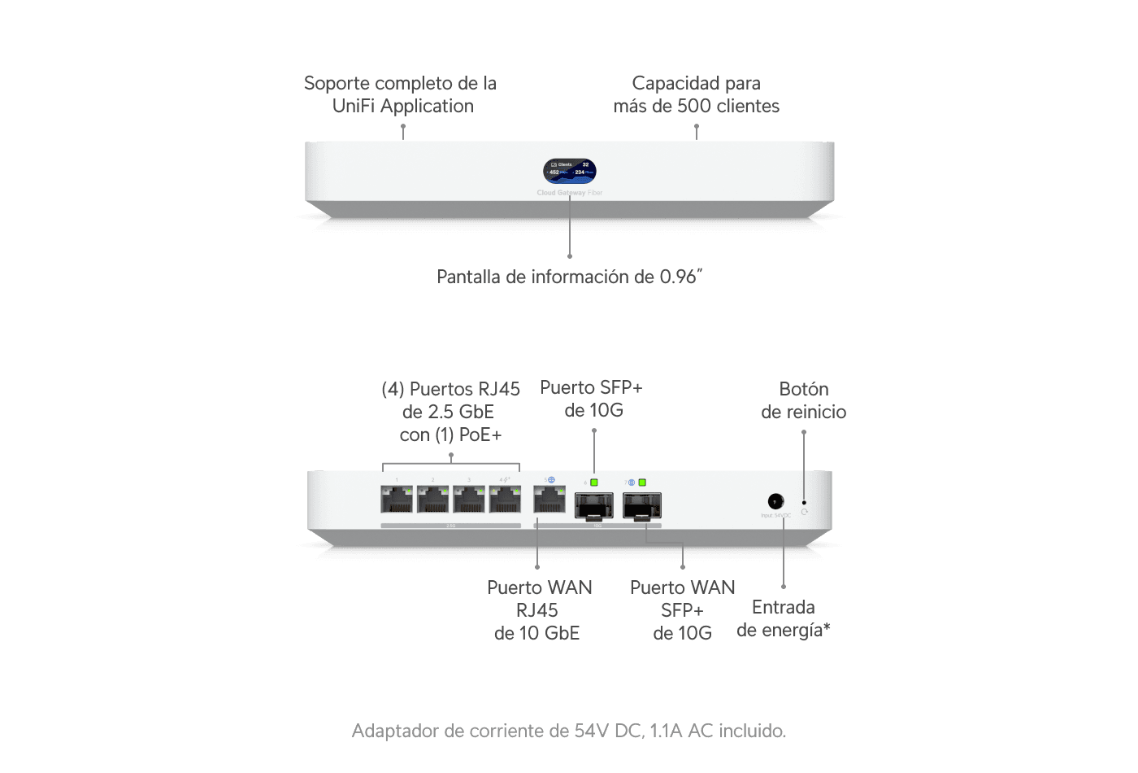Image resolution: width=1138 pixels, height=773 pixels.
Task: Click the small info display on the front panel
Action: [570, 171]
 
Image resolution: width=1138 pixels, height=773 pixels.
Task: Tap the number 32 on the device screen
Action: [585, 164]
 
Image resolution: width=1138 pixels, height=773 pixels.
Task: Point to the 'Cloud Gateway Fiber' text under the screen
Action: [569, 193]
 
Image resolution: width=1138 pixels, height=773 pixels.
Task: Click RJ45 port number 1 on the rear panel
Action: [397, 498]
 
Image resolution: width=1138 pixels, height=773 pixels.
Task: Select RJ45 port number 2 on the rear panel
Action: [432, 498]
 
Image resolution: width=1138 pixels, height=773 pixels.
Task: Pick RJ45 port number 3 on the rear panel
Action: [469, 498]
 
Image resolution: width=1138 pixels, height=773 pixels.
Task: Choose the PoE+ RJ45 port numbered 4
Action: [505, 498]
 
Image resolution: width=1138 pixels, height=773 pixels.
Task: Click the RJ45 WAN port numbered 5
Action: [549, 498]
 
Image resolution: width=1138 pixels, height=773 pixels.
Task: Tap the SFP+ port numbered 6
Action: [594, 505]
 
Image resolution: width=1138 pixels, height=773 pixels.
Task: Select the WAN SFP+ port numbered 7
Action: [642, 505]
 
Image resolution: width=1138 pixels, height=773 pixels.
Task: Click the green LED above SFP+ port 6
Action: [594, 483]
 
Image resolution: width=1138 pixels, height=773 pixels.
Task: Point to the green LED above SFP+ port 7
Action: [642, 483]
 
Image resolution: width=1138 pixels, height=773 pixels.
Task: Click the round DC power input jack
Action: [775, 502]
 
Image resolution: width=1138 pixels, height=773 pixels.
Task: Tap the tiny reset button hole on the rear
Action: [804, 503]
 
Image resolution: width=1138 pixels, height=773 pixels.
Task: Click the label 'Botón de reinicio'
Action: [803, 400]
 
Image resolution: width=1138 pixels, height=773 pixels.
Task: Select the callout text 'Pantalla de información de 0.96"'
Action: [569, 277]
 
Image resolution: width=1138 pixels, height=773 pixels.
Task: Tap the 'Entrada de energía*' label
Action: [783, 618]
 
